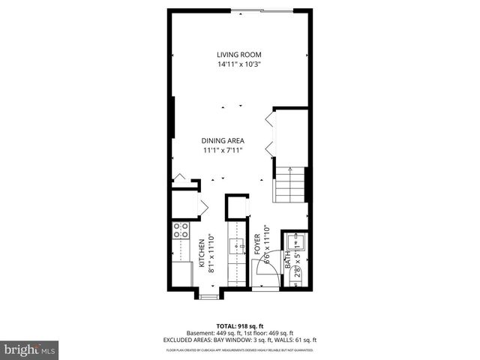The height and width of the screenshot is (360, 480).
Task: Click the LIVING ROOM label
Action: tap(238, 55)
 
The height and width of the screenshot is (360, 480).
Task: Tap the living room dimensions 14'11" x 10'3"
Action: tap(238, 64)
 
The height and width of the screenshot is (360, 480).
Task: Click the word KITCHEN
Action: tap(201, 254)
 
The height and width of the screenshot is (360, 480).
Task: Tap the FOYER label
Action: tap(256, 245)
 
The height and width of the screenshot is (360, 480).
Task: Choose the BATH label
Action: tap(287, 259)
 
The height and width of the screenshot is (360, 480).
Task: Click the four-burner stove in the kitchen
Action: tap(181, 230)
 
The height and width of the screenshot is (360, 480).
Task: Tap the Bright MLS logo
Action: tap(30, 349)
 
